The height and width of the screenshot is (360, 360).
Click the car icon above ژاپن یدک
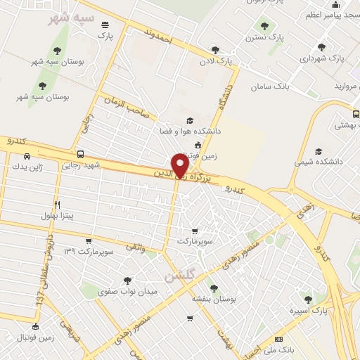tap(26, 156)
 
